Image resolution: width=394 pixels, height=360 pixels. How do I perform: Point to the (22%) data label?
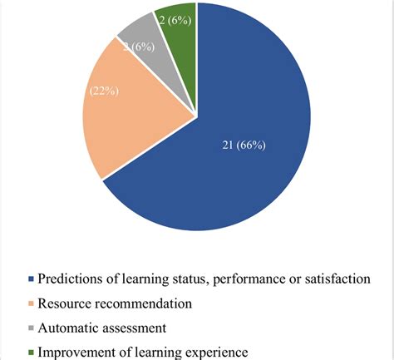102,91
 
